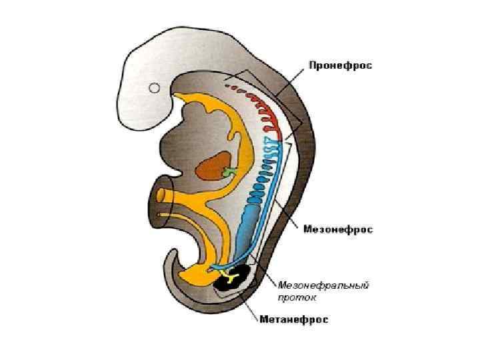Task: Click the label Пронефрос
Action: coord(340,65)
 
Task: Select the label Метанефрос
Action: coord(293,319)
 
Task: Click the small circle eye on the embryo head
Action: coord(155,87)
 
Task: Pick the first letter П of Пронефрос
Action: coord(312,65)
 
